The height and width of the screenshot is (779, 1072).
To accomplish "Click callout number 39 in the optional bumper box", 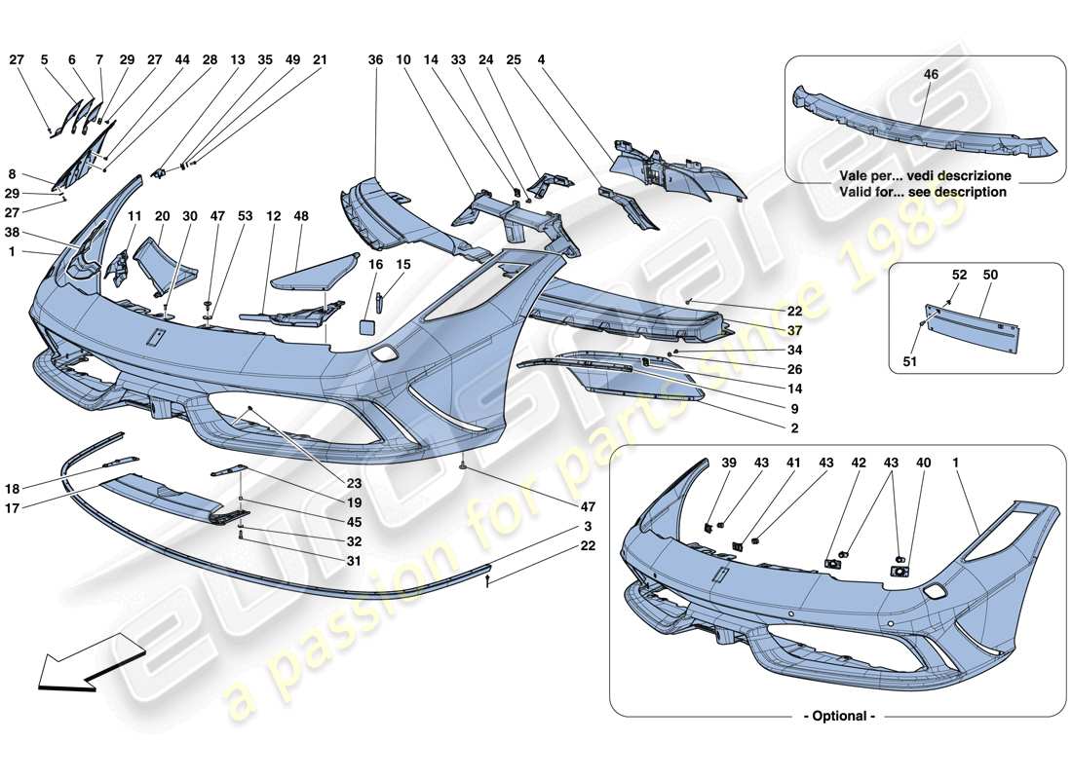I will point(728,464).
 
